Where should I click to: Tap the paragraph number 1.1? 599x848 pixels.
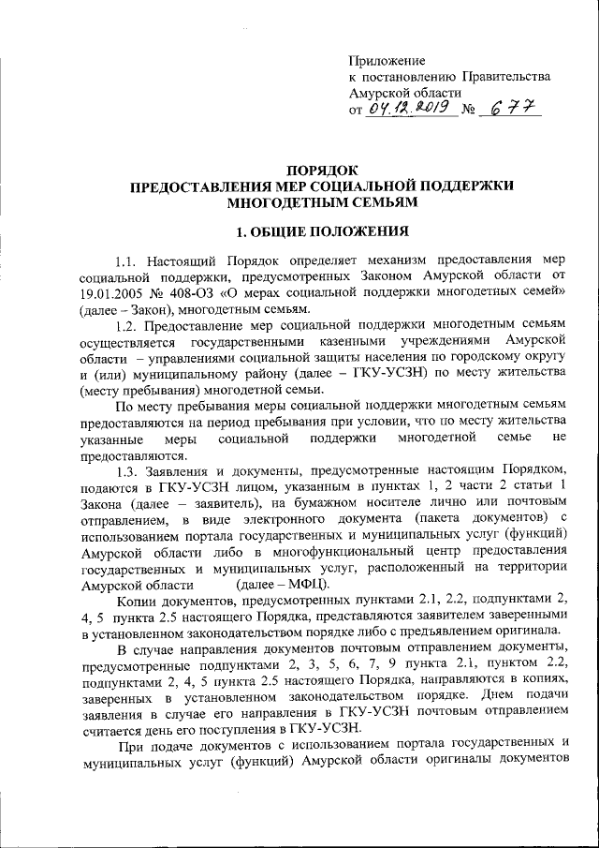coord(127,260)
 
